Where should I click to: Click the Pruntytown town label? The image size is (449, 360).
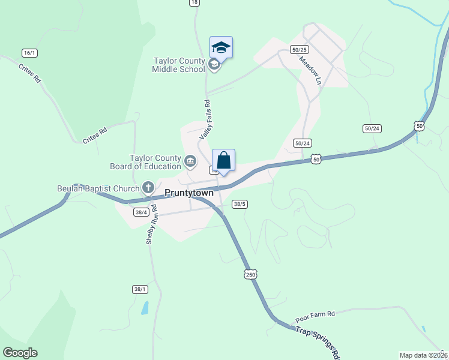pyautogui.click(x=189, y=193)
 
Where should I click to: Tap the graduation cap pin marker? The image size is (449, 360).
pyautogui.click(x=221, y=48)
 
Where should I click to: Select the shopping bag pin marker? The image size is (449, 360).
pyautogui.click(x=223, y=161)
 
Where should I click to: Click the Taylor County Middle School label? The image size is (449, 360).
pyautogui.click(x=178, y=65)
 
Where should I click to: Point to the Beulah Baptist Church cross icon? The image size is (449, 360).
pyautogui.click(x=148, y=187)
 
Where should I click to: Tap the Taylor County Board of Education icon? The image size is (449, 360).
pyautogui.click(x=190, y=161)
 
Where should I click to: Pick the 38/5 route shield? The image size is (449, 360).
pyautogui.click(x=240, y=204)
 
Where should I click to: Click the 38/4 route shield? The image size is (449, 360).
pyautogui.click(x=142, y=212)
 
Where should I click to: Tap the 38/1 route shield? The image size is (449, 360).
pyautogui.click(x=140, y=289)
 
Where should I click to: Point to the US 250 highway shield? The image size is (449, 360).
pyautogui.click(x=251, y=274)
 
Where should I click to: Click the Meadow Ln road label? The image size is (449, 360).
pyautogui.click(x=310, y=71)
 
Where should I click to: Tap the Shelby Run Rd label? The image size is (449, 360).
pyautogui.click(x=151, y=224)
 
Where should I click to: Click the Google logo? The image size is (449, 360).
pyautogui.click(x=20, y=353)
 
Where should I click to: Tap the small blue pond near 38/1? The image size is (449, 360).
pyautogui.click(x=145, y=308)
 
